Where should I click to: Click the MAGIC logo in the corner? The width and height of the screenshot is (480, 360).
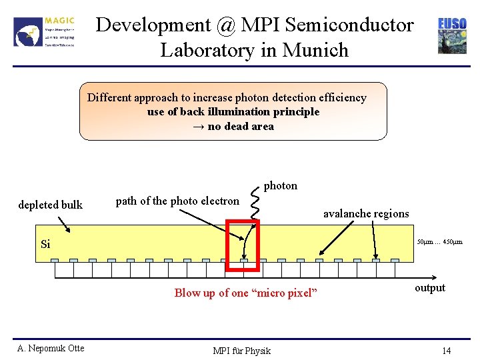[x=45, y=31]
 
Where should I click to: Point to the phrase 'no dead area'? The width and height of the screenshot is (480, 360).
[x=241, y=126]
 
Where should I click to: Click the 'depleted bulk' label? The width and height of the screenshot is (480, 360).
[x=51, y=205]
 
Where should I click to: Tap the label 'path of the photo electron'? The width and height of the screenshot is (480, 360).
[x=177, y=201]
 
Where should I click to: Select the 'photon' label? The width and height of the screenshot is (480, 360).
[x=281, y=185]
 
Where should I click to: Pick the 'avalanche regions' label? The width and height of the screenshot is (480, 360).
[x=366, y=213]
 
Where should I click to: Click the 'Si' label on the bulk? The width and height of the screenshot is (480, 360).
[x=45, y=244]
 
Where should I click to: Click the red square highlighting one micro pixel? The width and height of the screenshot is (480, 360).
[x=242, y=247]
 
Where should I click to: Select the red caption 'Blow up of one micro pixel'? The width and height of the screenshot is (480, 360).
[x=246, y=293]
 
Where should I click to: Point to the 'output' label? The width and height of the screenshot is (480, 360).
[x=430, y=288]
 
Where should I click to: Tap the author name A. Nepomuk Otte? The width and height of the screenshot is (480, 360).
[x=51, y=348]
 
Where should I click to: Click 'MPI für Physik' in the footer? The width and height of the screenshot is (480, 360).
[x=241, y=351]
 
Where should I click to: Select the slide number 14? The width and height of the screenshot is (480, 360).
[x=446, y=351]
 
